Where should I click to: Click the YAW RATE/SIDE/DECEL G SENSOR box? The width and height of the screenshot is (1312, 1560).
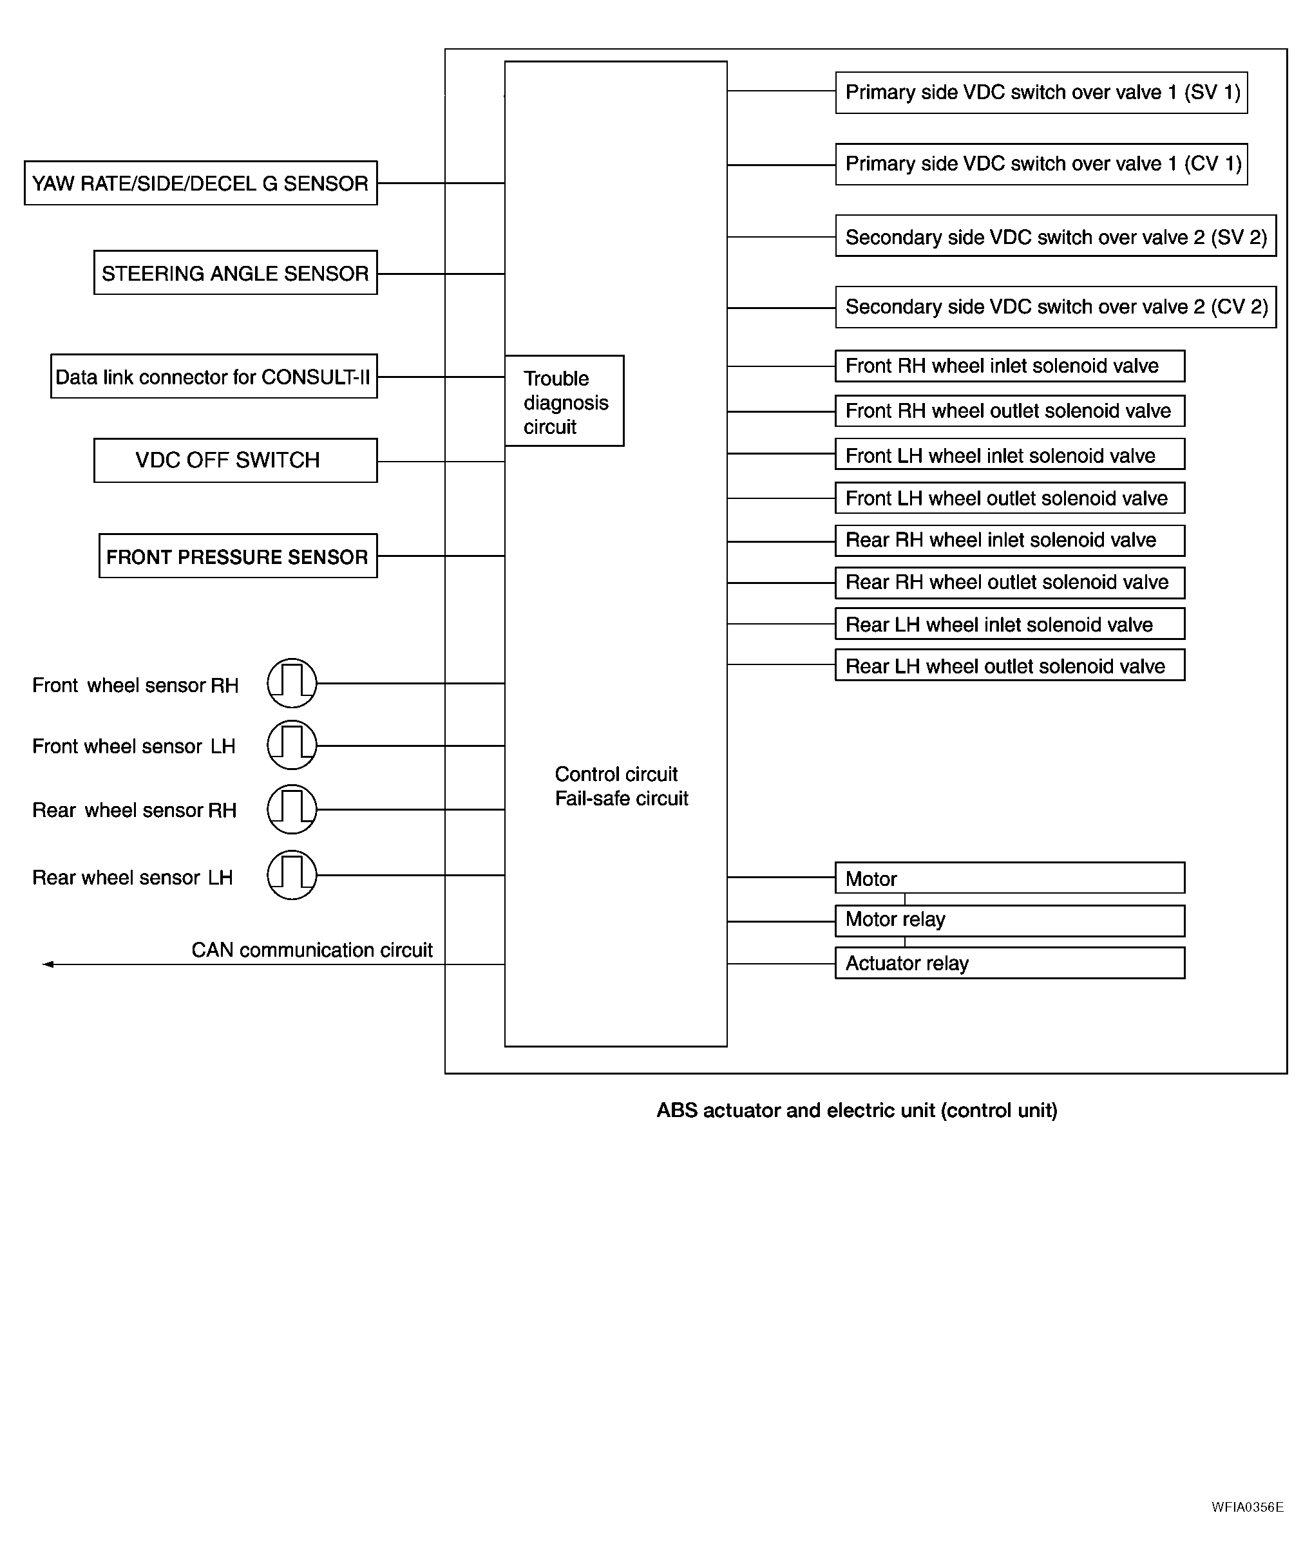(x=200, y=183)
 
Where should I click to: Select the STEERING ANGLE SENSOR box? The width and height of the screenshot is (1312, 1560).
(x=235, y=273)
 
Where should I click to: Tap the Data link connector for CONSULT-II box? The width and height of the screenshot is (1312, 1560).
(x=213, y=376)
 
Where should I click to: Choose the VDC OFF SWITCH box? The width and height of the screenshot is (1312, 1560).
(x=235, y=460)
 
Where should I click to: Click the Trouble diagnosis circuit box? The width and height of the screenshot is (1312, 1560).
(x=564, y=402)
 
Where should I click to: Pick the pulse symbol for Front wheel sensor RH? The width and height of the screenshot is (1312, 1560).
(x=292, y=683)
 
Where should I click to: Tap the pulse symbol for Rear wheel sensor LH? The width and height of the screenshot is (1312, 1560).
(x=292, y=875)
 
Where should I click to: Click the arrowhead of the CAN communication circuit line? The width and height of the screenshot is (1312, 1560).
(x=48, y=964)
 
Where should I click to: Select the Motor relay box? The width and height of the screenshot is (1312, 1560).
(x=1009, y=921)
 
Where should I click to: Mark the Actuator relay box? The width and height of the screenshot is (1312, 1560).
(x=1009, y=963)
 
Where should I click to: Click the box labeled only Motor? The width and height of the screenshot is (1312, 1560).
(x=1009, y=878)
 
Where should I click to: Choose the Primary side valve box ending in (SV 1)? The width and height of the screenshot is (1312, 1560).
(x=1041, y=92)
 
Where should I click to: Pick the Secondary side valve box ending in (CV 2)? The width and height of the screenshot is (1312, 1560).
(x=1056, y=307)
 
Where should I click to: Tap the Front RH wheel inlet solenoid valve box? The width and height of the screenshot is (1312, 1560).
(x=1009, y=366)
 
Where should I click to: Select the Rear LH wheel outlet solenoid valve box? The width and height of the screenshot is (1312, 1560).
(x=1009, y=666)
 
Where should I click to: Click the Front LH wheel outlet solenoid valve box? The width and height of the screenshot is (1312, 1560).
(x=1009, y=498)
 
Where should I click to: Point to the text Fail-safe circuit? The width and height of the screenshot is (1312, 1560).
(x=622, y=798)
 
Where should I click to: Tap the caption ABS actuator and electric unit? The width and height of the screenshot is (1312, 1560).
(x=857, y=1110)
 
